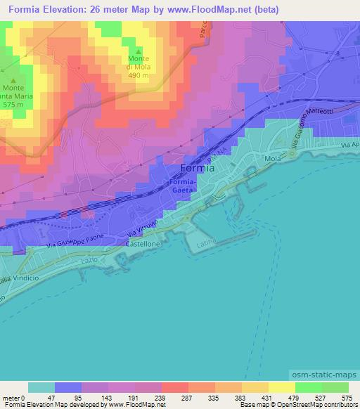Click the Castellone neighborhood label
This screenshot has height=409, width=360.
144,243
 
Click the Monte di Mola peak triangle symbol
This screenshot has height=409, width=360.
139,51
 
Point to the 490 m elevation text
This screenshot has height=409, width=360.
139,75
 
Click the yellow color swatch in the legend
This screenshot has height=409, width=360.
282,387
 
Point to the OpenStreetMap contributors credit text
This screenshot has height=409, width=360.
317,405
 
